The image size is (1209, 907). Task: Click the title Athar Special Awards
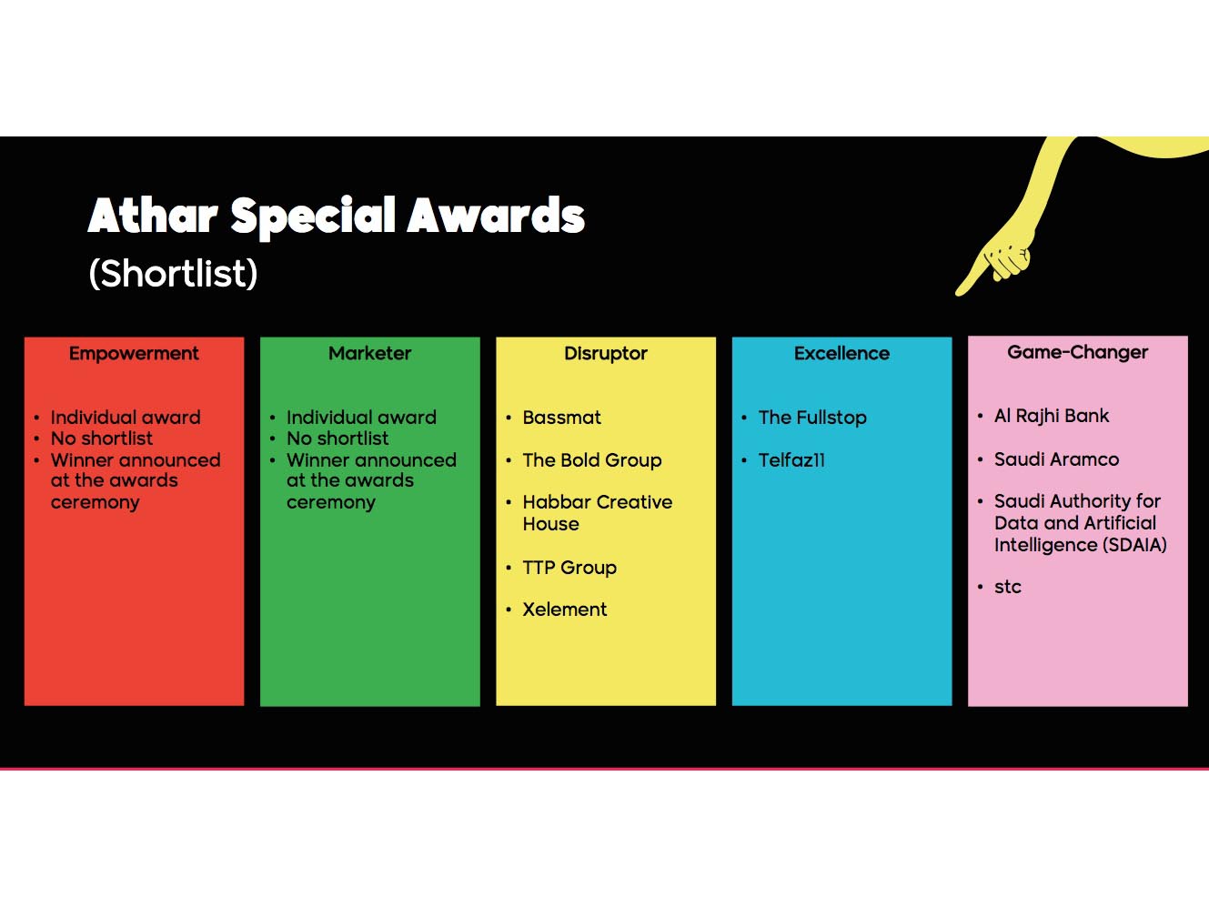tap(336, 217)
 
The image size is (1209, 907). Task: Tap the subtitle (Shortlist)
tap(173, 274)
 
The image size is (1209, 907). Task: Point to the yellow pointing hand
tap(1001, 255)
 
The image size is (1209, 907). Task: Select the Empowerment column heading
tap(134, 354)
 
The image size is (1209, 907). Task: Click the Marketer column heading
tap(369, 354)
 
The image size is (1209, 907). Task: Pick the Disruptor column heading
tap(605, 354)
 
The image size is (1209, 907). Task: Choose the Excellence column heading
tap(841, 354)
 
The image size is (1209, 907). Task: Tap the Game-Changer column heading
tap(1077, 353)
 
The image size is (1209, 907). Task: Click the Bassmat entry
tap(561, 418)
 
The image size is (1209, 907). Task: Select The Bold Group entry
tap(591, 460)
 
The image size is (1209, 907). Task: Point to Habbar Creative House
tap(597, 513)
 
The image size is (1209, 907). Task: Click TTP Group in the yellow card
tap(569, 568)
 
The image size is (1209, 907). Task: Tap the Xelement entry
tap(564, 610)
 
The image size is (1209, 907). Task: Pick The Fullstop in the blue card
tap(812, 418)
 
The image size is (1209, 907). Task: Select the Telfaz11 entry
tap(791, 460)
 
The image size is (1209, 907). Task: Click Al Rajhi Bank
tap(1052, 416)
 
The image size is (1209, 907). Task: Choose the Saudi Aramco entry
tap(1056, 459)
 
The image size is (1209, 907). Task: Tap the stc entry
tap(1008, 587)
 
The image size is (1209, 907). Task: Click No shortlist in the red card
tap(102, 438)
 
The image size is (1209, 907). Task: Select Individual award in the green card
tap(361, 418)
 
